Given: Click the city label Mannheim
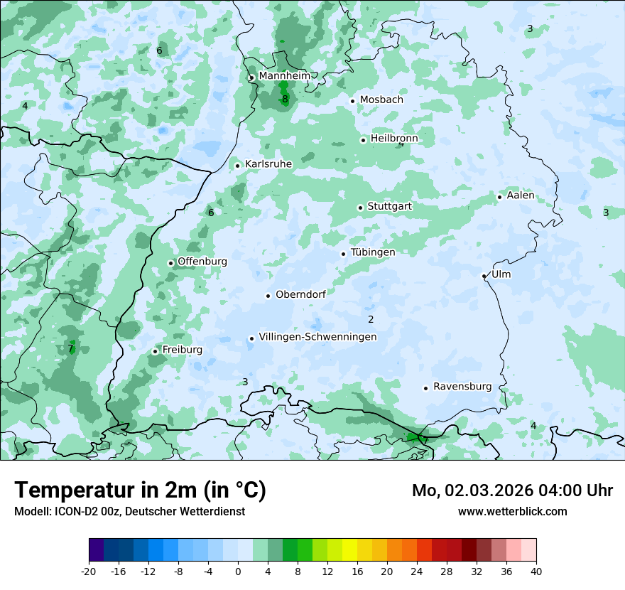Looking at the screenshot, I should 284,75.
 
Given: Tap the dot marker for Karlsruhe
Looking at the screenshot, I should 238,166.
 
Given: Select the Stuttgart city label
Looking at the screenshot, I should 389,207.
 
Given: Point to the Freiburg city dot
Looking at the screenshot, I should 155,351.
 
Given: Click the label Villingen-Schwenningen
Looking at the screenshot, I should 317,337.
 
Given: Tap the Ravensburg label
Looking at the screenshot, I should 462,387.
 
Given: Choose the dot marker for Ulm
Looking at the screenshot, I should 484,276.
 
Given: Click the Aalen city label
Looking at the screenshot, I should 521,195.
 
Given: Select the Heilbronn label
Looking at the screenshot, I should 394,139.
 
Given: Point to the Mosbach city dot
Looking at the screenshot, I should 352,101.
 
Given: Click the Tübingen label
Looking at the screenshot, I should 373,252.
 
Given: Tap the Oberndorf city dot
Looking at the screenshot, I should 268,296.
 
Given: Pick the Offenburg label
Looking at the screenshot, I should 202,262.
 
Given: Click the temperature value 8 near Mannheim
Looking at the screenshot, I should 285,100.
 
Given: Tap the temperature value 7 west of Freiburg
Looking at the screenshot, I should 71,348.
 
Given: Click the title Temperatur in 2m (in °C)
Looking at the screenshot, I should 141,490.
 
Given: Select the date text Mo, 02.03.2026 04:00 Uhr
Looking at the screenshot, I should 512,490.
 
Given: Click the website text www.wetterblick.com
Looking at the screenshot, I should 512,511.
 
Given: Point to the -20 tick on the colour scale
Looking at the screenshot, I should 89,571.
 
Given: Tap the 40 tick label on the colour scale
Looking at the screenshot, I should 536,571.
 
